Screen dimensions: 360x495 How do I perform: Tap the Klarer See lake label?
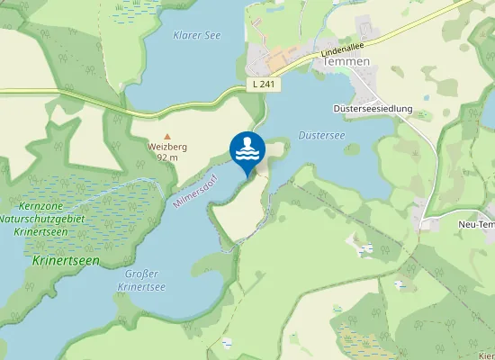[x=194, y=35]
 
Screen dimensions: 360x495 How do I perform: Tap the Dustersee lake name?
[x=321, y=136]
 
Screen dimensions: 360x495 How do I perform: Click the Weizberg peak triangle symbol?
[x=166, y=135]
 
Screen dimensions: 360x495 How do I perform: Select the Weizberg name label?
[x=166, y=147]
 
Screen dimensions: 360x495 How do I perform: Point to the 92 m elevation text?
[x=166, y=157]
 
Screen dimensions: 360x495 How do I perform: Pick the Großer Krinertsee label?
[x=141, y=279]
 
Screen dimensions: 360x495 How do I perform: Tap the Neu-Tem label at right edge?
[x=476, y=224]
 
